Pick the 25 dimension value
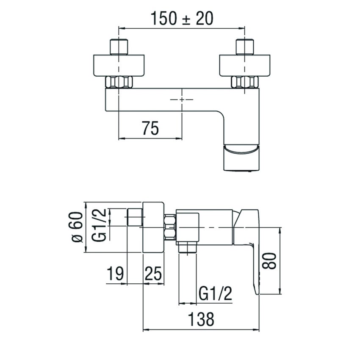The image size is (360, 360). point(153,274)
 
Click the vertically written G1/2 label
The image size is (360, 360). point(100,225)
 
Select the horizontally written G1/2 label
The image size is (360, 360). point(215,294)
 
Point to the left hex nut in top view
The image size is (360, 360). point(119,82)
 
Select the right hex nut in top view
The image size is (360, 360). point(244,82)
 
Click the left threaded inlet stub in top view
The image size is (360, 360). point(119,47)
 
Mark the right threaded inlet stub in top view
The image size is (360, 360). point(245,47)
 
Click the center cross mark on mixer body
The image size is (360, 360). point(182,100)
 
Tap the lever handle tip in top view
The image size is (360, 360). point(240,158)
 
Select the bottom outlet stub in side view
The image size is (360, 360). point(188,248)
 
